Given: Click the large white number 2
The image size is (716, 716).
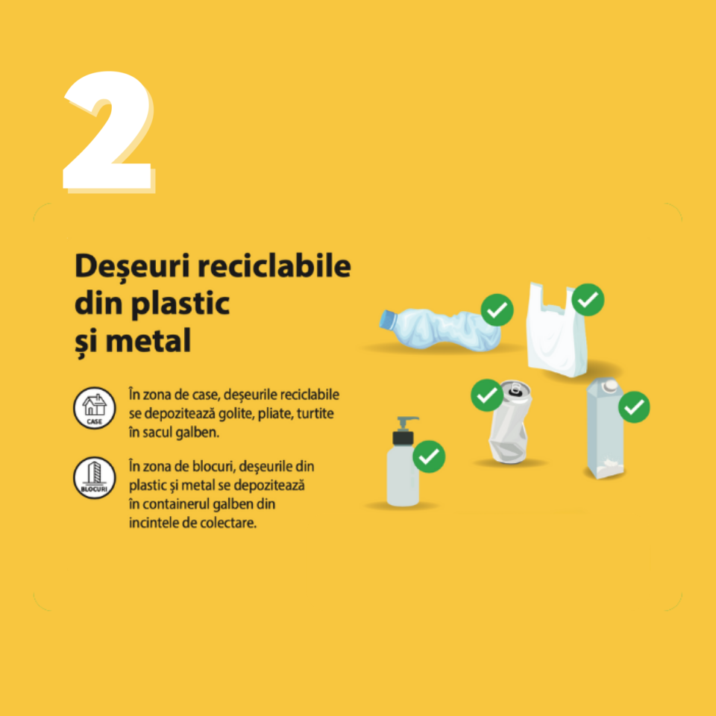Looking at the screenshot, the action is (x=107, y=133).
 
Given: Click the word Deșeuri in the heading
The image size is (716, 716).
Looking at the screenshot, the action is (x=132, y=266).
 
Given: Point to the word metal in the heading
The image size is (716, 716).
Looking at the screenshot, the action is (x=148, y=340).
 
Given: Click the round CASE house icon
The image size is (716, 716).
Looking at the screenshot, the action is (x=95, y=408).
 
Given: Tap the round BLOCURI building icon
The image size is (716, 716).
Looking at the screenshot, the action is (x=95, y=477).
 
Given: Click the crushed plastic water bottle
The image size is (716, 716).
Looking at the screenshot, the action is (x=439, y=329).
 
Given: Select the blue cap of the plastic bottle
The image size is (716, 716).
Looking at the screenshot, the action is (x=388, y=318).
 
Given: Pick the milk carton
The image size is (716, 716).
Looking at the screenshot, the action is (x=605, y=428).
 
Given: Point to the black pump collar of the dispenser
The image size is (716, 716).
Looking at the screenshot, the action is (x=403, y=438).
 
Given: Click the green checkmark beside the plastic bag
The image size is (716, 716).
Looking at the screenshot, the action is (x=588, y=300).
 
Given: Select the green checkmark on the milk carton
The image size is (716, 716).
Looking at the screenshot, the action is (x=634, y=407).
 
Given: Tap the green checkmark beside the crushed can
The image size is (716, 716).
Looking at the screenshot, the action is (x=487, y=395).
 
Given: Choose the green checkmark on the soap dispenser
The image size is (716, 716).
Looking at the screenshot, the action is (x=429, y=456).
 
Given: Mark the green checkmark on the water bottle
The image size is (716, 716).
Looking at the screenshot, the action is (x=497, y=310).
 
